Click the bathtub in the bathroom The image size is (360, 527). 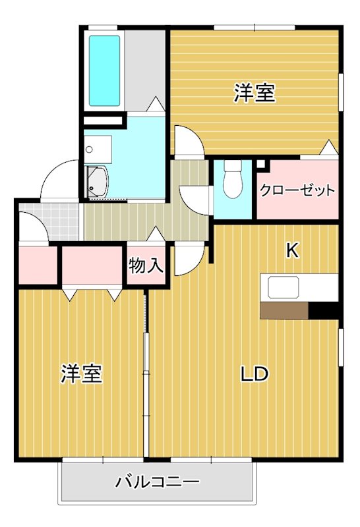pos(105,70)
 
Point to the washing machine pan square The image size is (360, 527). pos(99,148)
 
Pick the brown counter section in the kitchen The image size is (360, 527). pos(284,310)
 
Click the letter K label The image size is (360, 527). pos(292,250)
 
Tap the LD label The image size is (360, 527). pos(253,374)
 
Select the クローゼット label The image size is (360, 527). pos(297,190)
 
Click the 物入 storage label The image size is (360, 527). pos(145,266)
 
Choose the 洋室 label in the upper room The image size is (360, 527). pos(254,94)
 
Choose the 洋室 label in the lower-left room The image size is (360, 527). pos(81,374)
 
